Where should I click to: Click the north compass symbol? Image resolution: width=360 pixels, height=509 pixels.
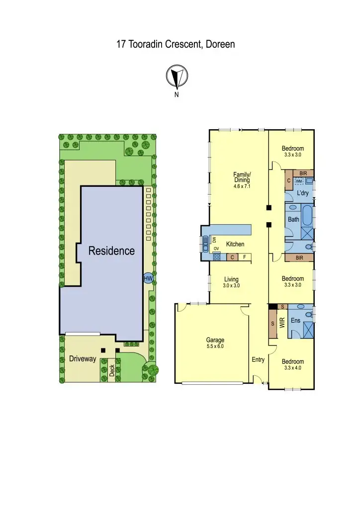(x=176, y=77)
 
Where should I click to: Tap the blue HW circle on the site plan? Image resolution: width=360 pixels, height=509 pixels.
(x=148, y=279)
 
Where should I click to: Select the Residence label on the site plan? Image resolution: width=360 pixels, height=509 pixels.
(x=111, y=251)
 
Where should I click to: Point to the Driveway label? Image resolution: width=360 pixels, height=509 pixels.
(x=83, y=359)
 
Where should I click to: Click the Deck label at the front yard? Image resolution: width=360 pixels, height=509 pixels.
(x=112, y=370)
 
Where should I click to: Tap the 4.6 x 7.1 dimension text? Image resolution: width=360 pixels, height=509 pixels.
(x=242, y=186)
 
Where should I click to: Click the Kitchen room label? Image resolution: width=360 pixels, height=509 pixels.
(x=235, y=245)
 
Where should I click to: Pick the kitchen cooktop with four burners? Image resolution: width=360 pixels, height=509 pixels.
(x=217, y=257)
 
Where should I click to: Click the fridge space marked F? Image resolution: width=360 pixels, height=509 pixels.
(x=244, y=257)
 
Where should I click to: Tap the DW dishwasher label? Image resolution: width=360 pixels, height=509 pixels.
(x=214, y=240)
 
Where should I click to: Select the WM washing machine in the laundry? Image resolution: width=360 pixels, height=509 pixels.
(x=299, y=181)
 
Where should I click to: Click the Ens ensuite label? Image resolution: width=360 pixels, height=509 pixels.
(x=295, y=321)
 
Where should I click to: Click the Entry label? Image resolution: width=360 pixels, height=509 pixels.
(x=258, y=359)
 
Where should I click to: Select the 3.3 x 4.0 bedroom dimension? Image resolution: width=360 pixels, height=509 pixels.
(x=292, y=368)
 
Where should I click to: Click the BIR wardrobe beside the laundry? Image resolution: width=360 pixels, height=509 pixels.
(x=303, y=173)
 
